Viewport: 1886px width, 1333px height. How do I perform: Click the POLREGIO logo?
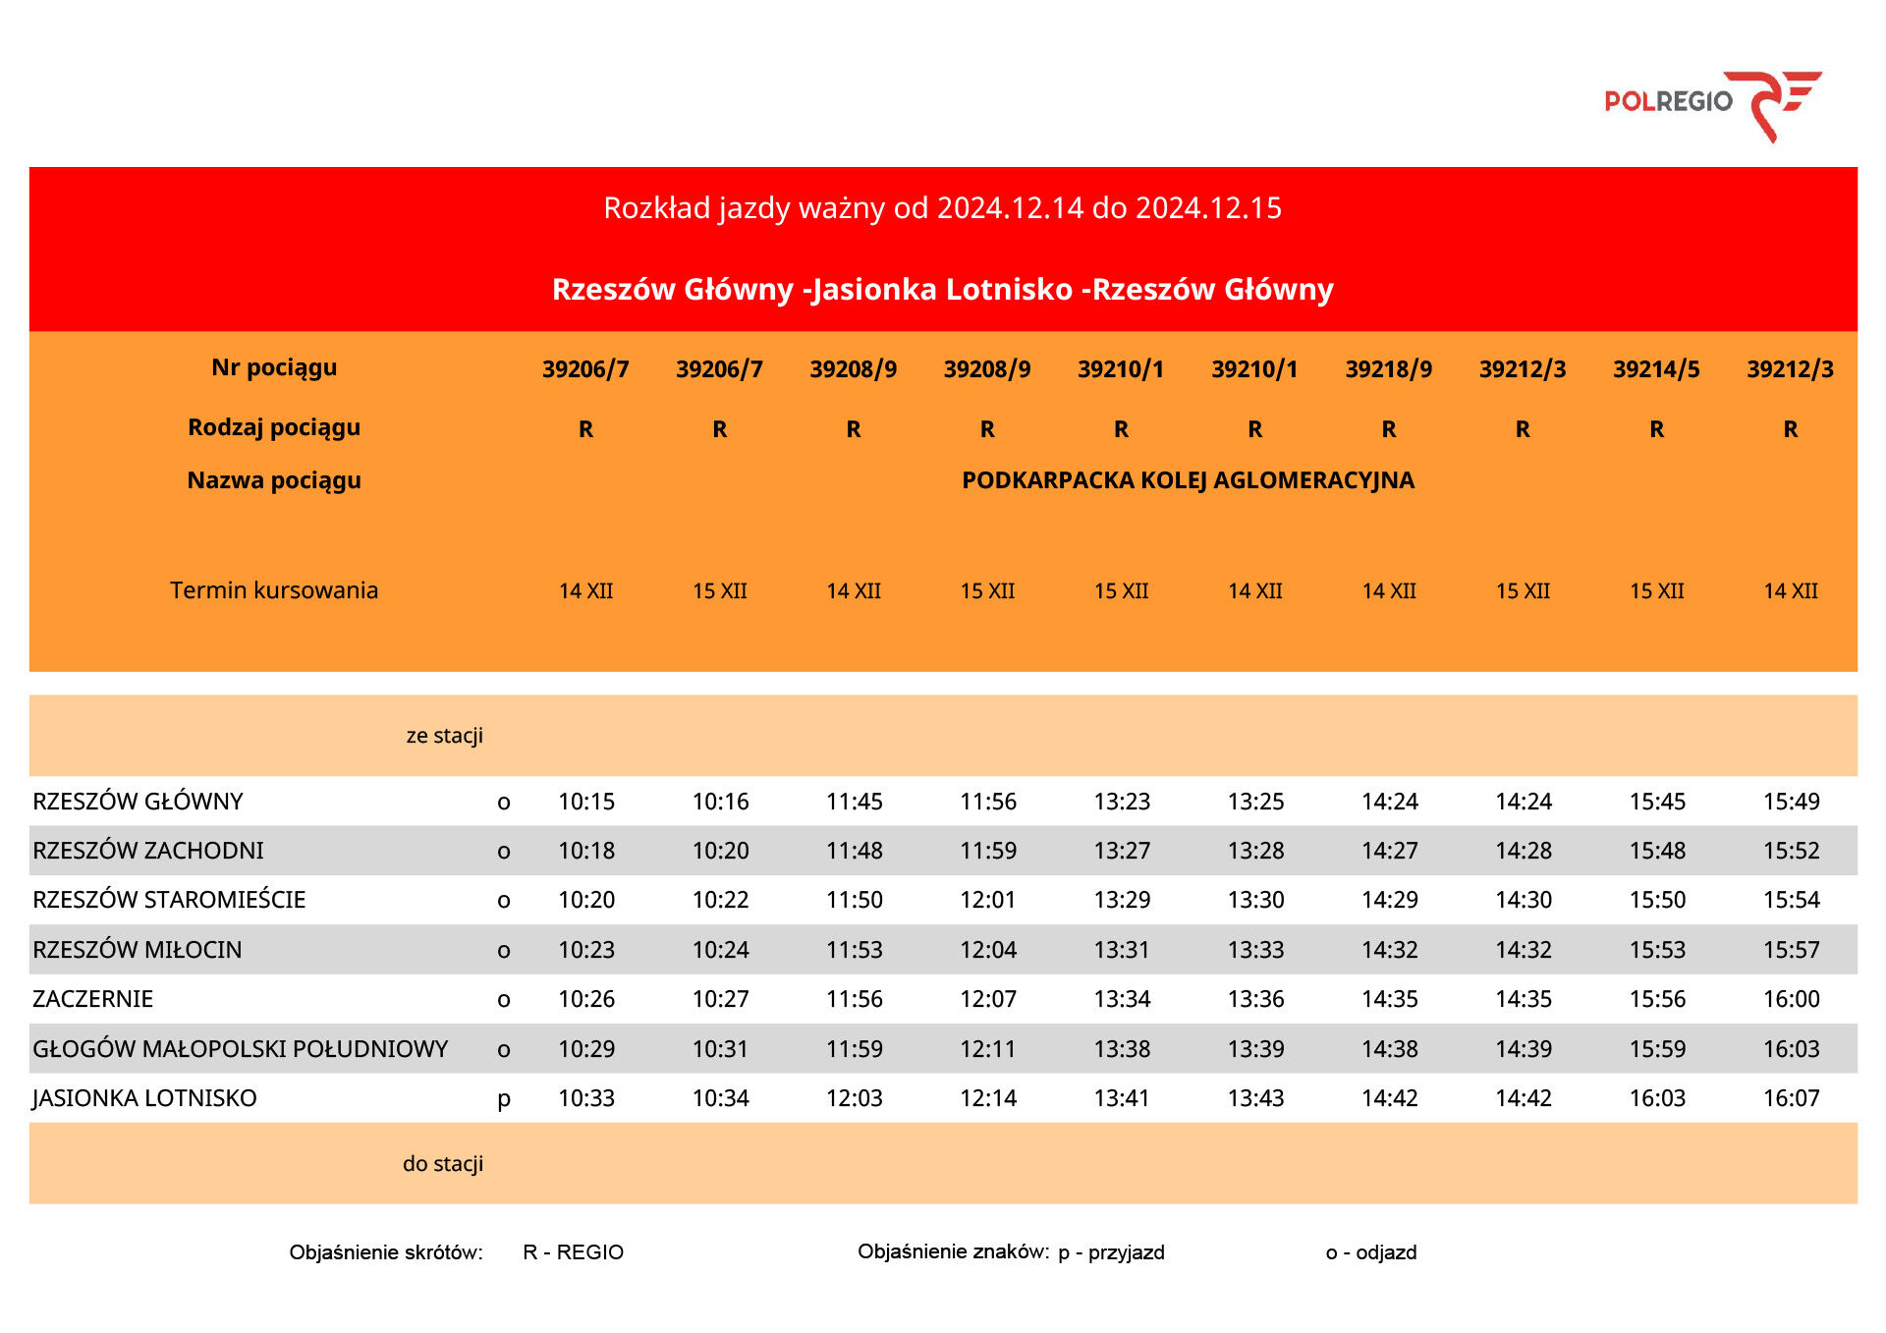1712,103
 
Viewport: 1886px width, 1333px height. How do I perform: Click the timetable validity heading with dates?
942,208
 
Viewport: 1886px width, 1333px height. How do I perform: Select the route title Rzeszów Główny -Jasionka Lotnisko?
942,290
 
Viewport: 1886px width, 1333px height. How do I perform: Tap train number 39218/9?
1388,369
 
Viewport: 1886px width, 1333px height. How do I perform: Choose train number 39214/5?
1656,369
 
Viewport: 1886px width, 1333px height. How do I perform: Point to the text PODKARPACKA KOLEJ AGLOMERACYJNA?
1188,480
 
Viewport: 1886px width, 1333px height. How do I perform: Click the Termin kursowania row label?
274,590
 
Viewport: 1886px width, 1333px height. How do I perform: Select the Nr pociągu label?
274,367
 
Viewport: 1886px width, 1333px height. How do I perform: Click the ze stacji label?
444,736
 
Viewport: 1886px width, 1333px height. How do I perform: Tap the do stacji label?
443,1164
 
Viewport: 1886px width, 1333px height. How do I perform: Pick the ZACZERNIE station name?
93,999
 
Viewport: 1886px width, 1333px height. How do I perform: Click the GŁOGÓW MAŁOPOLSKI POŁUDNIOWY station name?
241,1049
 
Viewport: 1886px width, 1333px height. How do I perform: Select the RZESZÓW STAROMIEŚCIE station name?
170,900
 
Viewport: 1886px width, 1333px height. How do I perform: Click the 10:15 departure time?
586,802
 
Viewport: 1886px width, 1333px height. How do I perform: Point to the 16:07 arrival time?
1791,1098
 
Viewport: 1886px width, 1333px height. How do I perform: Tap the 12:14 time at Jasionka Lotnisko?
988,1098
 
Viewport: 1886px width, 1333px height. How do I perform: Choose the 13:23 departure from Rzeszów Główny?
1122,802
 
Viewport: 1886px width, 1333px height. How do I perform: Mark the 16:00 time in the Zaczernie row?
1791,999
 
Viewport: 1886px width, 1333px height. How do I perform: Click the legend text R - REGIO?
574,1252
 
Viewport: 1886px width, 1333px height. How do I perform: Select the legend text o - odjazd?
1371,1252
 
